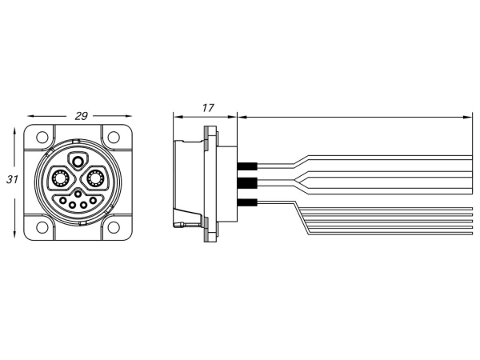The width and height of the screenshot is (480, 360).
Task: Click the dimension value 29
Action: coord(81,116)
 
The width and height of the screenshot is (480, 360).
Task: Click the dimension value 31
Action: coord(12,180)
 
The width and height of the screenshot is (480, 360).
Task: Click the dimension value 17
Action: coord(207,107)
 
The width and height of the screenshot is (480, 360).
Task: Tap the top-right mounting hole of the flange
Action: coord(114,138)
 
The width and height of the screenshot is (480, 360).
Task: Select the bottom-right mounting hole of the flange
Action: coord(114,228)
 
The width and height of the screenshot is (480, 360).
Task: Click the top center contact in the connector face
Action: coord(78,161)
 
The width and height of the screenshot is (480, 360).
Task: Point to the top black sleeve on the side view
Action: coord(246,167)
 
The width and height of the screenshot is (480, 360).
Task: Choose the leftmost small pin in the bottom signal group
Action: coord(61,200)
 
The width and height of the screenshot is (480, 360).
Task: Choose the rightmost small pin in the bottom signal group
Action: coord(94,200)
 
